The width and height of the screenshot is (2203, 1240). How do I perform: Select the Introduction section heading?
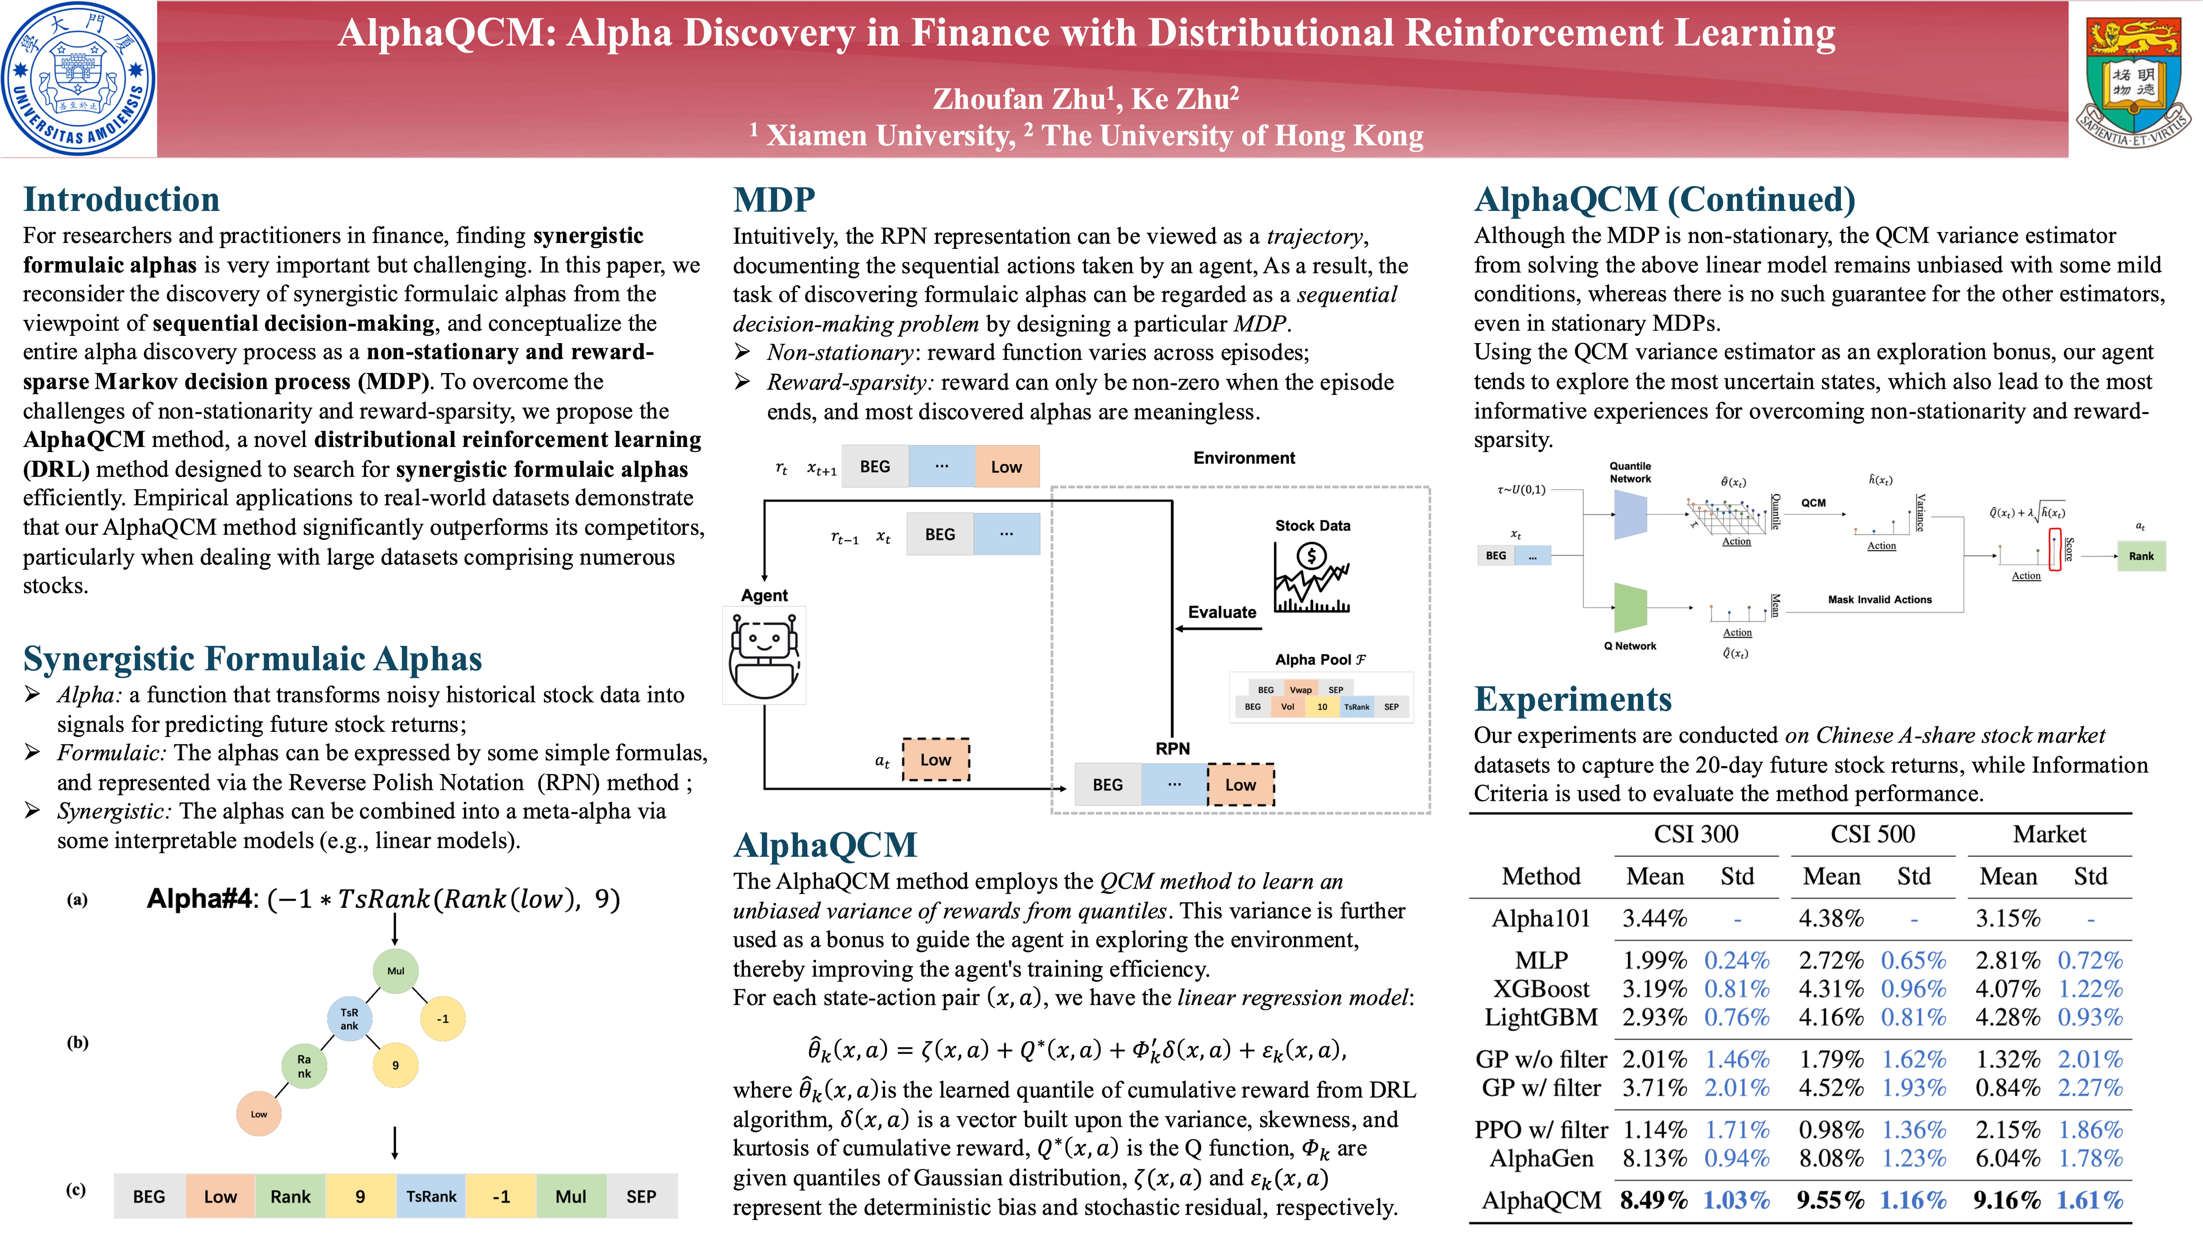pos(121,199)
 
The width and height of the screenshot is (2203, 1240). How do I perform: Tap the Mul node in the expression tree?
pos(395,970)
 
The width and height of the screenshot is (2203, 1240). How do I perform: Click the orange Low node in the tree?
pos(258,1113)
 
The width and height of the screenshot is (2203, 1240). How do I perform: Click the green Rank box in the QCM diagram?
pos(2141,556)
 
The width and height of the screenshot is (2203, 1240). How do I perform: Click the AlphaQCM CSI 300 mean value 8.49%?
pos(1654,1200)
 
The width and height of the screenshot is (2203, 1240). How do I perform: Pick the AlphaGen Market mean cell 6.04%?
pos(2007,1158)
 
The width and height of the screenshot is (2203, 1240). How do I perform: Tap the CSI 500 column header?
pos(1872,834)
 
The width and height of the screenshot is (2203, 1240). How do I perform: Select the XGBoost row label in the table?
pos(1541,989)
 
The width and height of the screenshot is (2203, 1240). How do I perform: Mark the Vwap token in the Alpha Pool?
pos(1300,689)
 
